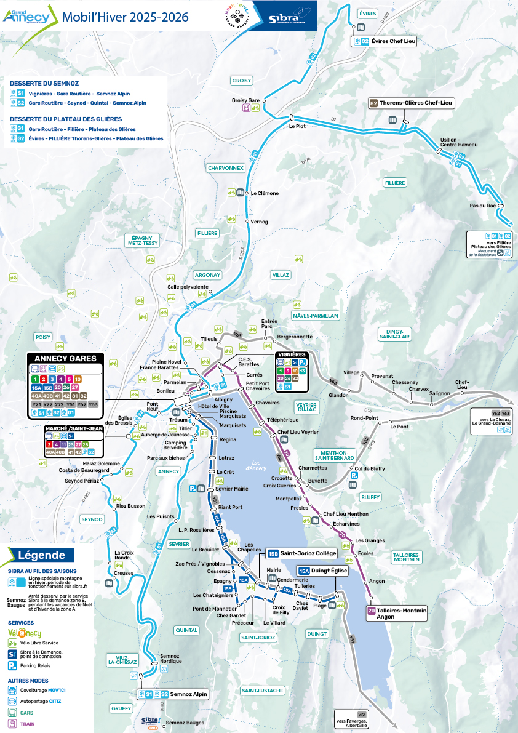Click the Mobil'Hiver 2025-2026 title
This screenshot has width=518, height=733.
pos(125,17)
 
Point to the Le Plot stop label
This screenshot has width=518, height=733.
pos(297,127)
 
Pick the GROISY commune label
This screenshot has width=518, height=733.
pos(241,81)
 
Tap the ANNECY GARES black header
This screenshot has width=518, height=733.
pos(65,358)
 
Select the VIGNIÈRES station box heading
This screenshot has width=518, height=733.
pos(292,354)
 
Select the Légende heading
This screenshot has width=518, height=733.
pos(42,555)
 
